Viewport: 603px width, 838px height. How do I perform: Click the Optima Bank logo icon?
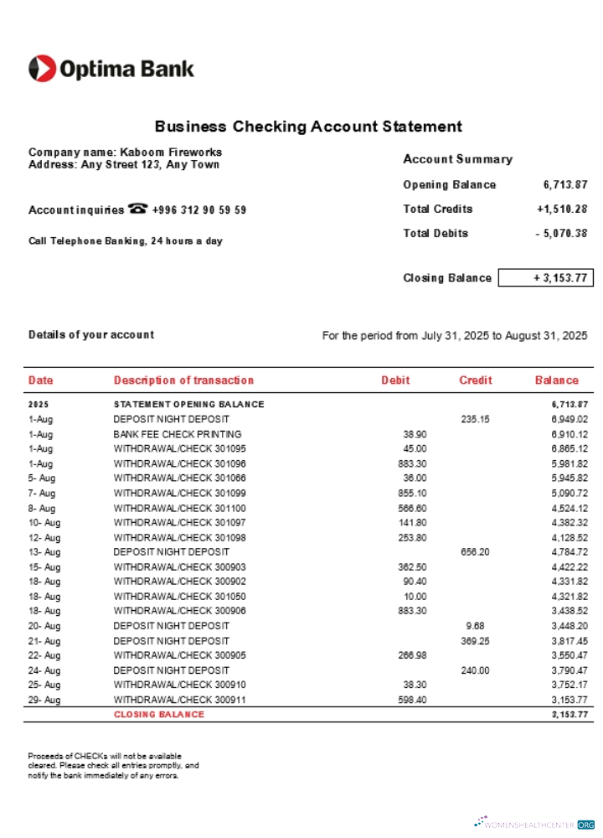pyautogui.click(x=43, y=69)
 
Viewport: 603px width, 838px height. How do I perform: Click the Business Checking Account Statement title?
pyautogui.click(x=308, y=127)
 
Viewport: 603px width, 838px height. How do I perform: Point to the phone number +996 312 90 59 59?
pyautogui.click(x=198, y=209)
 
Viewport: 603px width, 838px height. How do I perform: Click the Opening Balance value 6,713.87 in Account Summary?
pyautogui.click(x=564, y=184)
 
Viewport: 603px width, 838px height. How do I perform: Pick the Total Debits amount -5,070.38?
pyautogui.click(x=561, y=233)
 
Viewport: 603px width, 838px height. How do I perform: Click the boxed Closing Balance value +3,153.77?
pyautogui.click(x=545, y=277)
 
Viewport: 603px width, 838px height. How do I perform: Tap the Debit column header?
pyautogui.click(x=395, y=380)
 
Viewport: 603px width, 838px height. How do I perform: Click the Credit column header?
pyautogui.click(x=475, y=380)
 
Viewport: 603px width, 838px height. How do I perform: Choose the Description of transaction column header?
pyautogui.click(x=183, y=380)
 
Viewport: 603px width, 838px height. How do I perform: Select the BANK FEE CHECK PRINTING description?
pyautogui.click(x=177, y=434)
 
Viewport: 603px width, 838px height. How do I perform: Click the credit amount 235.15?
pyautogui.click(x=475, y=419)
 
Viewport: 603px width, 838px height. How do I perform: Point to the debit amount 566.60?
pyautogui.click(x=411, y=508)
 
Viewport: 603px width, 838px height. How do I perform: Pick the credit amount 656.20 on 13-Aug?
pyautogui.click(x=475, y=552)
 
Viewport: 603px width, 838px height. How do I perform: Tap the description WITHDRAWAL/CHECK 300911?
pyautogui.click(x=179, y=700)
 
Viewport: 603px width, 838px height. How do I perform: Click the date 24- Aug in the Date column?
pyautogui.click(x=44, y=670)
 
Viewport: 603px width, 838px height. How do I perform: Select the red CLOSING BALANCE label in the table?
pyautogui.click(x=158, y=715)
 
